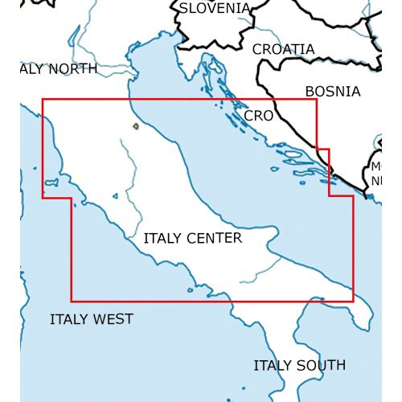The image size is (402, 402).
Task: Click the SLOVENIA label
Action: [214, 8]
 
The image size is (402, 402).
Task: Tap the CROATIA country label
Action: [283, 49]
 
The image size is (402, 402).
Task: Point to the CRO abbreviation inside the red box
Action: [258, 116]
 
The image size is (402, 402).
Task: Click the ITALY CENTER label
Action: [192, 239]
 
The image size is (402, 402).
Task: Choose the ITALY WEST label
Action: [91, 319]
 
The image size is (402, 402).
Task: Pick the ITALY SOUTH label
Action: [299, 365]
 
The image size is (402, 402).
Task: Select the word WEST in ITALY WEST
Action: [113, 319]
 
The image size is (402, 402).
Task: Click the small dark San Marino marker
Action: [135, 125]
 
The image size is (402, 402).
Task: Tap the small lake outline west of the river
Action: [117, 195]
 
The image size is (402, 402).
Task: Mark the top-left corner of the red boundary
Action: [43, 100]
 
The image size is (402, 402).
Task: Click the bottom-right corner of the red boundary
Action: [352, 301]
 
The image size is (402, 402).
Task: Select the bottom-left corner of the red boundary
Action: [72, 301]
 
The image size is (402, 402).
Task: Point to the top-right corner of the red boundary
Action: [317, 100]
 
